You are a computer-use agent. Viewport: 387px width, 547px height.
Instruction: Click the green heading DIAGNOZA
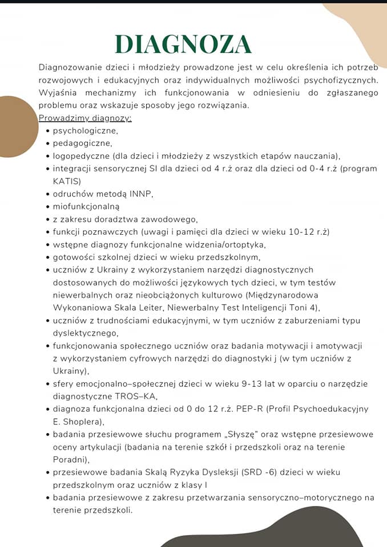pyautogui.click(x=183, y=44)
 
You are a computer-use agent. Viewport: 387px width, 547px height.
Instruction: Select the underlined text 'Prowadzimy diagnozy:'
pyautogui.click(x=85, y=118)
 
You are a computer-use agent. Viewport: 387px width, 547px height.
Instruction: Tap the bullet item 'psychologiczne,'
pyautogui.click(x=85, y=130)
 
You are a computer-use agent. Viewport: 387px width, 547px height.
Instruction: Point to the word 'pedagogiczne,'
pyautogui.click(x=82, y=143)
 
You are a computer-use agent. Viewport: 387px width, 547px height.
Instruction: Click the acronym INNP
pyautogui.click(x=140, y=194)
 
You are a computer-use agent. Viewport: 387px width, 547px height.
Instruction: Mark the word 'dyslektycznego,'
pyautogui.click(x=86, y=333)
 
